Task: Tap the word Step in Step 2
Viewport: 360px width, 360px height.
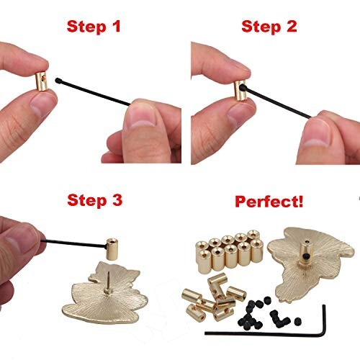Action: pos(261,27)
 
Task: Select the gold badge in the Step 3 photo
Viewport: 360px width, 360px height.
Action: pos(108,302)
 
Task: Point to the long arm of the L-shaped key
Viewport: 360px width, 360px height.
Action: pos(274,333)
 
